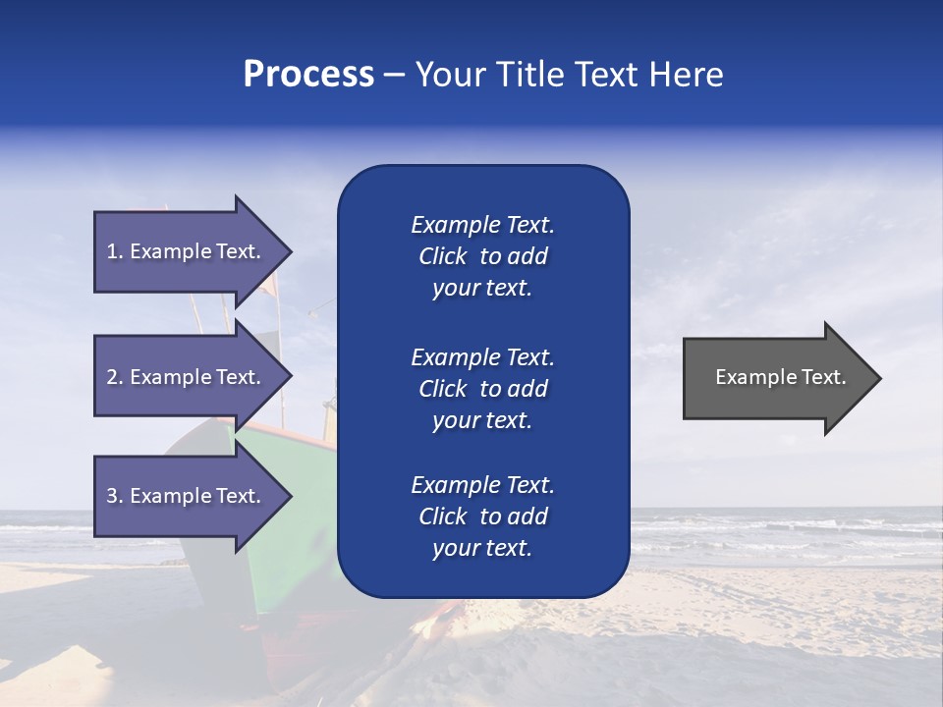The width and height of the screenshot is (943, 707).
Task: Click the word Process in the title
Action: (x=308, y=75)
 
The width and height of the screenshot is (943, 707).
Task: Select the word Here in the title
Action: (x=686, y=75)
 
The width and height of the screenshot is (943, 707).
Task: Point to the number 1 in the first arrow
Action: (x=112, y=251)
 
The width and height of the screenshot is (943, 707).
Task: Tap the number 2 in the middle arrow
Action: (x=112, y=377)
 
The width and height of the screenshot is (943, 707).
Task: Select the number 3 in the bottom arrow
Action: (x=112, y=496)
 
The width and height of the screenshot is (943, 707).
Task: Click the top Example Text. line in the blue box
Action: (x=482, y=225)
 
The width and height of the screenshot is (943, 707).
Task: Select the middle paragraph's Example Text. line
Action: (x=482, y=357)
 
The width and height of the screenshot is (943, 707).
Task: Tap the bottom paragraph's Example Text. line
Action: (x=482, y=485)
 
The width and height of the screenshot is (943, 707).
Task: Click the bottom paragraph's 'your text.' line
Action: (x=482, y=549)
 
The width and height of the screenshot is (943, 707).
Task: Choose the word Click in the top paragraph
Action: (x=442, y=256)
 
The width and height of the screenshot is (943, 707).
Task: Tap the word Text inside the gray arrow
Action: (x=824, y=377)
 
